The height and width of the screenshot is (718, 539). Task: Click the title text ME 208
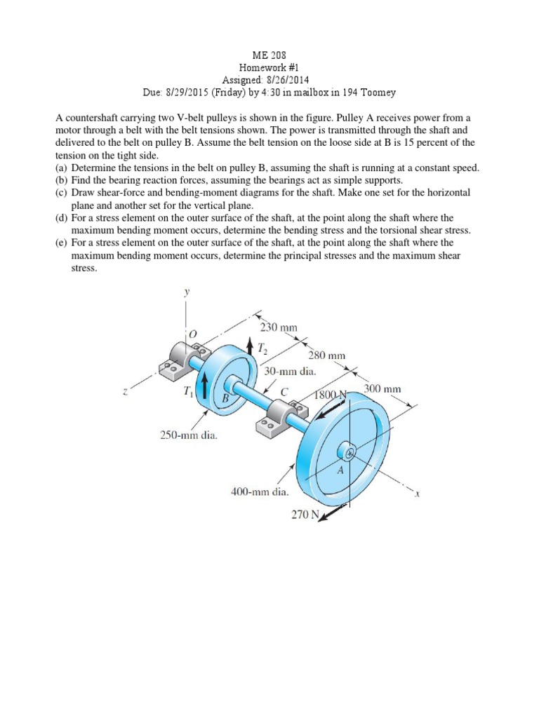(269, 54)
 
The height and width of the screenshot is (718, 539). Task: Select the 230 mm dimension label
(279, 327)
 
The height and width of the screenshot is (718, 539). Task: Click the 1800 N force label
(331, 395)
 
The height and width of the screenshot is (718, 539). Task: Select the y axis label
(187, 293)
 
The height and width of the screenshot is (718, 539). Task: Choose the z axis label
(124, 392)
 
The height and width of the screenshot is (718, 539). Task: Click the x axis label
(417, 493)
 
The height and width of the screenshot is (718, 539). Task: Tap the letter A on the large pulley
(340, 470)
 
